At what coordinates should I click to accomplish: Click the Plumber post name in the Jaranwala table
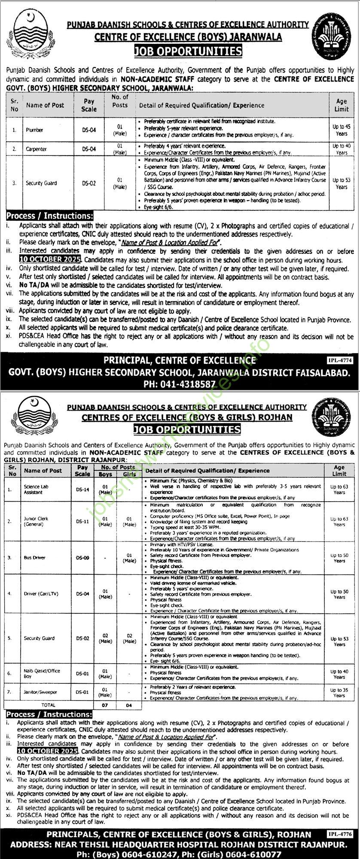[x=34, y=130]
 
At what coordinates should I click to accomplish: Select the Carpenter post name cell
[x=36, y=149]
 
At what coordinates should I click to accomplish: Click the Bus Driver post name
[x=35, y=557]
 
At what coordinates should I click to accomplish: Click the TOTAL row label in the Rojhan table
[x=48, y=705]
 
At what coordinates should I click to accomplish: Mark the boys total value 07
[x=105, y=705]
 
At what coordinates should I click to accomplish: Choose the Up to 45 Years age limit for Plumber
[x=342, y=130]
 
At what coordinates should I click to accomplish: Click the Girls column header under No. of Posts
[x=129, y=474]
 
